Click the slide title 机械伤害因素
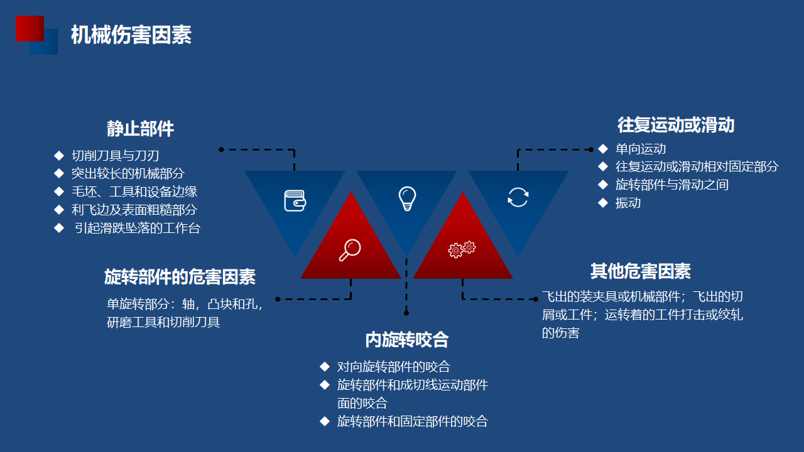pos(131,35)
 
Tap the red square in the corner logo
pos(30,28)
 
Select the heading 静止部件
pos(140,129)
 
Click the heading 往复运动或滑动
pos(676,125)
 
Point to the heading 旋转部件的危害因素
pos(180,277)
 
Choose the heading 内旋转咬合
pos(407,340)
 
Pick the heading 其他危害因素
pos(641,271)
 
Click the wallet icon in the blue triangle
pos(295,200)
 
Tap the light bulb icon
pos(408,199)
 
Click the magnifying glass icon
pos(350,250)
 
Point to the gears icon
pos(462,249)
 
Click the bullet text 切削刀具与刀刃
pos(115,156)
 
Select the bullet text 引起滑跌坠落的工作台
pos(138,228)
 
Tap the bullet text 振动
pos(628,203)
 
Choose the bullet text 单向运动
pos(641,149)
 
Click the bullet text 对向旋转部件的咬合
pos(394,367)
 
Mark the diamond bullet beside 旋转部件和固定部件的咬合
pos(325,421)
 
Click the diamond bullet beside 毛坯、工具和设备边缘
pos(59,191)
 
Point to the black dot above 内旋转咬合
pos(406,313)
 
